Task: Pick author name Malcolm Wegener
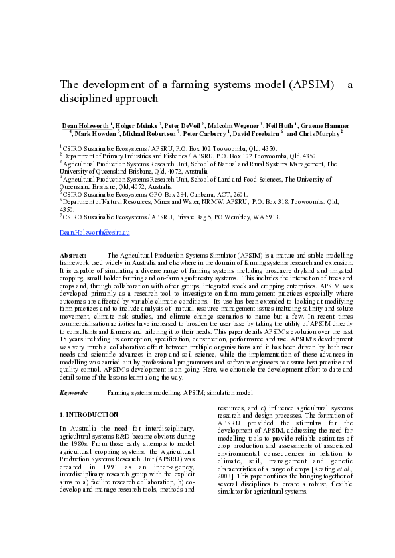tap(232, 125)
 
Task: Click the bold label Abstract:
tap(72, 255)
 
